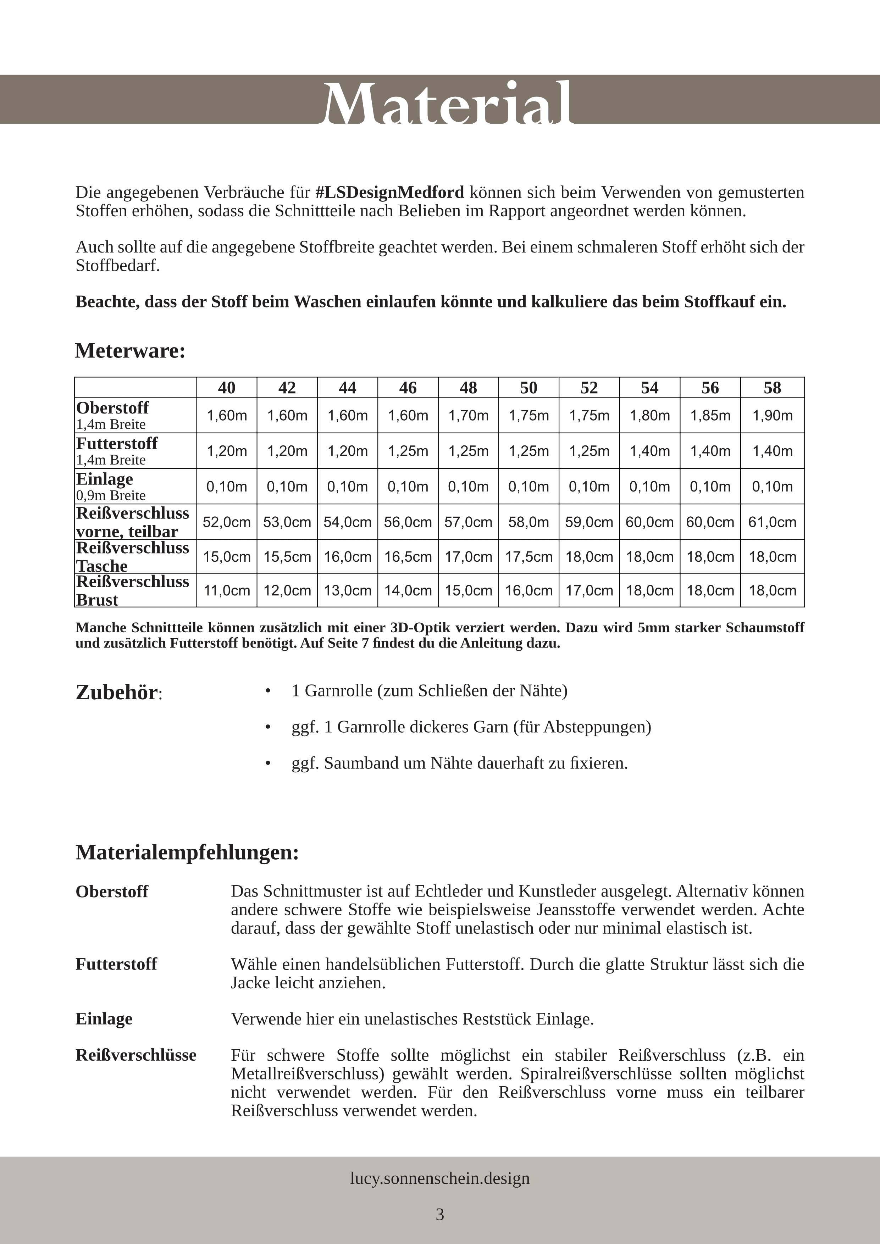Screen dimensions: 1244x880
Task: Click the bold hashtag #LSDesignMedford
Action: (389, 192)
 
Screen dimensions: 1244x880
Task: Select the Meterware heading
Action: (130, 351)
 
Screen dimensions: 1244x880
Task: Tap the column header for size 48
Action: (468, 387)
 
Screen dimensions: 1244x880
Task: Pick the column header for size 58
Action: (772, 387)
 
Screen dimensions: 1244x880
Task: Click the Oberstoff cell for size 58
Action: (772, 416)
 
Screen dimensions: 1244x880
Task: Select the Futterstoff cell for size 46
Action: (408, 451)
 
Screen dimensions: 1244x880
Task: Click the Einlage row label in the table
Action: (105, 479)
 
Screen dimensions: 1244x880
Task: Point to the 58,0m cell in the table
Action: (528, 522)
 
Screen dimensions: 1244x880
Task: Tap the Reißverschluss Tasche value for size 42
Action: (287, 556)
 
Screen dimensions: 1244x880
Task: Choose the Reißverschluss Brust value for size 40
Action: (227, 590)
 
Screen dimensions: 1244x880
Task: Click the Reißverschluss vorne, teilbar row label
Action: (132, 522)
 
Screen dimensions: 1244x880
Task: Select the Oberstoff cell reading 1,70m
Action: (468, 416)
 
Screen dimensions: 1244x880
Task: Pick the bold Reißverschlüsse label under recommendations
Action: (135, 1055)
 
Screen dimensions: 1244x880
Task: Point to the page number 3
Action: (439, 1214)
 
